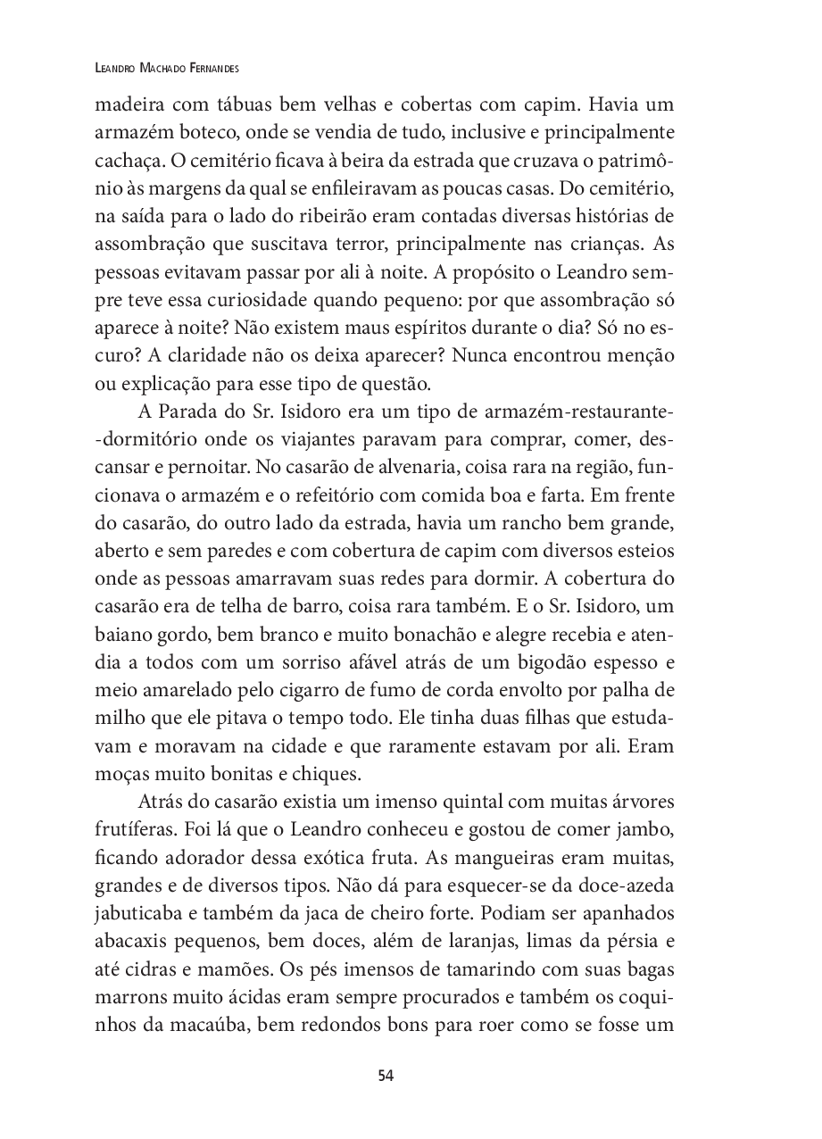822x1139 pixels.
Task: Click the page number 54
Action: (x=386, y=1076)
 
